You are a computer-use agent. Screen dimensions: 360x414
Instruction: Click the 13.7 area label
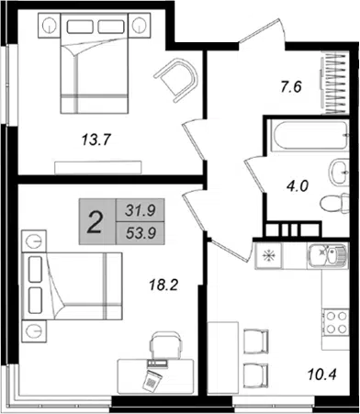[96, 140]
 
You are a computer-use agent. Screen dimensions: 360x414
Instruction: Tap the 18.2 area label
[163, 285]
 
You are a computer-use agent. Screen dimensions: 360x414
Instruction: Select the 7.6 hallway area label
[290, 87]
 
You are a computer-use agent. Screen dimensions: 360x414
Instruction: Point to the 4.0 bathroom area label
[298, 185]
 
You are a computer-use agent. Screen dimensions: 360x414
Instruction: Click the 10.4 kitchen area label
[322, 374]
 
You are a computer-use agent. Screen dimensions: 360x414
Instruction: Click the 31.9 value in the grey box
[141, 210]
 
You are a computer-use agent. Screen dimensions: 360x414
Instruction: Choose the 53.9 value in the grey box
[141, 234]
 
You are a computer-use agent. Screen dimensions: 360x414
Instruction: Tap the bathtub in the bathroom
[309, 136]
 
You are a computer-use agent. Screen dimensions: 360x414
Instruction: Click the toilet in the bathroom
[334, 203]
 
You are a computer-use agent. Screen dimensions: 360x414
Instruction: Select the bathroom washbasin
[339, 172]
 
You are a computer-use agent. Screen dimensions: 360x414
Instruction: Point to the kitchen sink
[328, 256]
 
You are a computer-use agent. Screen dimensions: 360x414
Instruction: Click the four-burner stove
[337, 322]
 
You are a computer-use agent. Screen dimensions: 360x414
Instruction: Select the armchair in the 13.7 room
[177, 79]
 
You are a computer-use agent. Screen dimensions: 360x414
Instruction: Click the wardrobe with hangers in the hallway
[336, 84]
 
